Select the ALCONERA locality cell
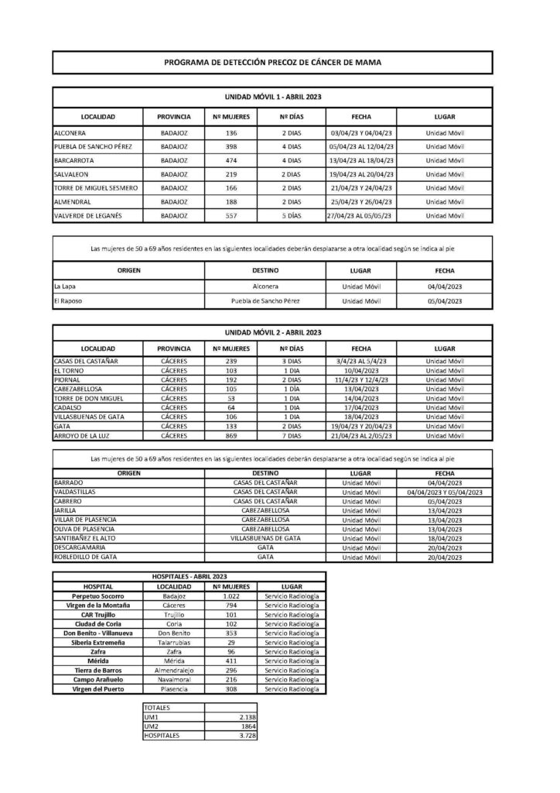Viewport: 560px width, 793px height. [x=70, y=132]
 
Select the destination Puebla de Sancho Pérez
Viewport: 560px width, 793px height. [x=265, y=300]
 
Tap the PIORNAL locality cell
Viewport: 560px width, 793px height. [x=68, y=379]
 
